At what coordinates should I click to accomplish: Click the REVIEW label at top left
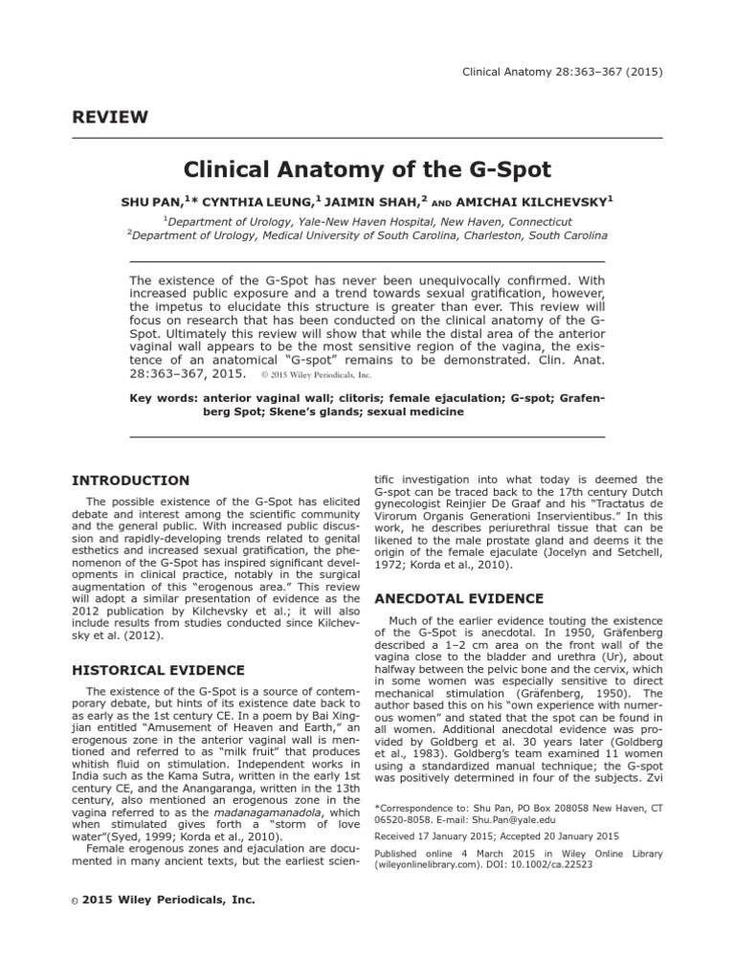110,118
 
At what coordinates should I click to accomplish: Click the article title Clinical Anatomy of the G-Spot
367,170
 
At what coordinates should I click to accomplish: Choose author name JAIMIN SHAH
358,203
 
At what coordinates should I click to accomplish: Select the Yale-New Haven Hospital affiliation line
367,219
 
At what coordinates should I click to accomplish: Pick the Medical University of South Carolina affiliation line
367,234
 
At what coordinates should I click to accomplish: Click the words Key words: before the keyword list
164,396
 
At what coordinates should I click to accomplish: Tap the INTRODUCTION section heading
131,480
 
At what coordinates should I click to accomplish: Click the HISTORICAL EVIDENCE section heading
158,670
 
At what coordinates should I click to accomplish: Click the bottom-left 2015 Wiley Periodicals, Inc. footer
164,900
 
